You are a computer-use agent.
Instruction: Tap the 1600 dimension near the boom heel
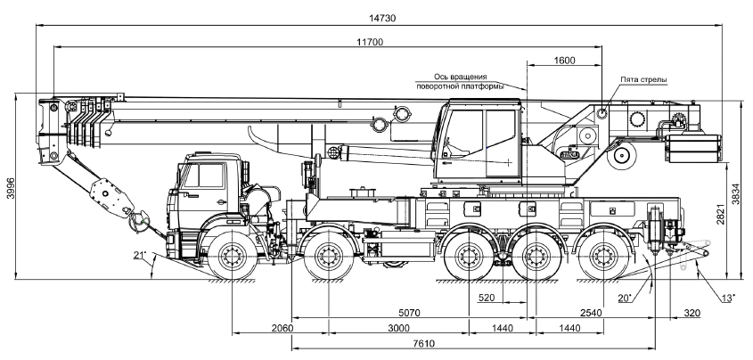(564, 61)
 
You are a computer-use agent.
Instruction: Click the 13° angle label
(729, 297)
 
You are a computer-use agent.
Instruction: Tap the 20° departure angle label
(625, 297)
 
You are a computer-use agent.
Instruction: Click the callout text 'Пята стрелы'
(644, 79)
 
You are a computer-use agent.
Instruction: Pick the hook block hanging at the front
(138, 214)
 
